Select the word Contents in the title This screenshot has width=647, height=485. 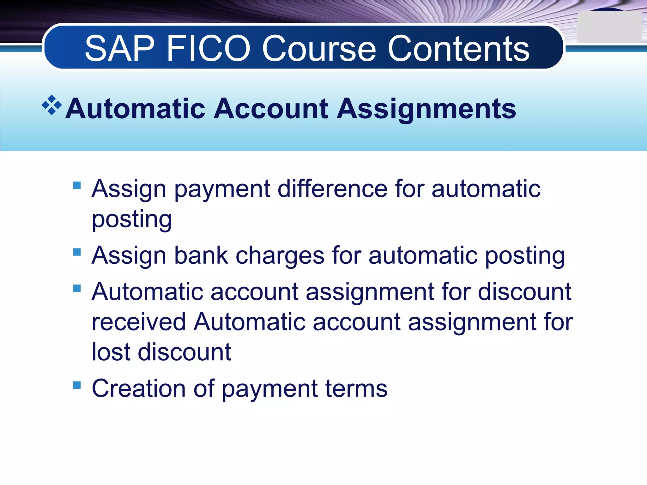458,49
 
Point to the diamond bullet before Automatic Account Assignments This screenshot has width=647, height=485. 51,105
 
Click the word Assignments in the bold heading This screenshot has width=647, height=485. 426,109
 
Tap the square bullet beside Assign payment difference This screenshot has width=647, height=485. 77,185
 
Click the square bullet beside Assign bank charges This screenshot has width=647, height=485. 77,252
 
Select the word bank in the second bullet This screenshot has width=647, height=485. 201,255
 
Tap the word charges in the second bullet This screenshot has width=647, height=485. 280,256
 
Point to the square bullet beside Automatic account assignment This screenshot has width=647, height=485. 77,288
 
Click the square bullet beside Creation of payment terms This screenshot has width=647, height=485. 77,385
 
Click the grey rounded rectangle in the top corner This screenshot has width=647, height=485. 608,27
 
